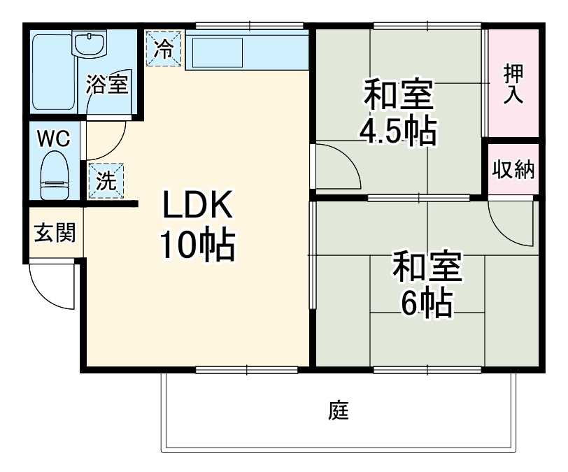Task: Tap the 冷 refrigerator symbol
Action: tap(163, 48)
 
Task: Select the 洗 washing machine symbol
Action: tap(106, 181)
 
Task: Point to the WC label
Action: tap(53, 138)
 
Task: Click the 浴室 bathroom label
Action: tap(107, 85)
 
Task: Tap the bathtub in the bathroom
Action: tap(52, 71)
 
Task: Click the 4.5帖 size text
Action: tap(398, 130)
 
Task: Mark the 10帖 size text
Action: tap(197, 244)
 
